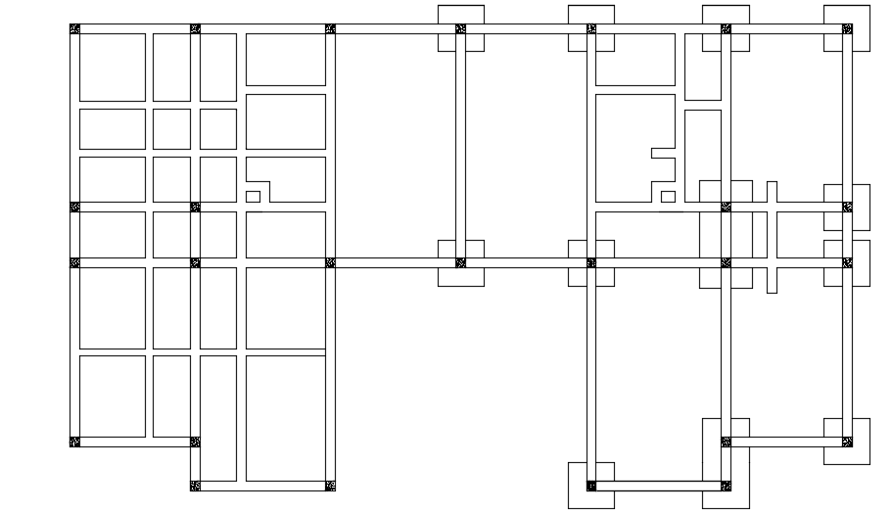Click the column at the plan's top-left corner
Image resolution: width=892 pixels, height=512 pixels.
(74, 28)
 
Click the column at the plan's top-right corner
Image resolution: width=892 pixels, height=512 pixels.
(847, 28)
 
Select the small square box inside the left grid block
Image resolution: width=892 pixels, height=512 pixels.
(253, 197)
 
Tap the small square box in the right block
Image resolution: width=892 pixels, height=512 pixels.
(668, 197)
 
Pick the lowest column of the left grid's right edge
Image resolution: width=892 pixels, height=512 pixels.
(330, 486)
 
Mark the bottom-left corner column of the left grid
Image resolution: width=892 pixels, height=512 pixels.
(74, 442)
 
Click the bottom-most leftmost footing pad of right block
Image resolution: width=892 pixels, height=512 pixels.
(591, 486)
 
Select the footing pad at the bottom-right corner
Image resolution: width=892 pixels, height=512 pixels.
(847, 442)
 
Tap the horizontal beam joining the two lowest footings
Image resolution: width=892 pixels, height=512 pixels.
(658, 486)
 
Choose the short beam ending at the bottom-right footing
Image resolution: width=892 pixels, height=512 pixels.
(786, 442)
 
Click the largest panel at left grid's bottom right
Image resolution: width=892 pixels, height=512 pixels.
(285, 418)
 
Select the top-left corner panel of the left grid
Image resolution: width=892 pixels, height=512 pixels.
(112, 67)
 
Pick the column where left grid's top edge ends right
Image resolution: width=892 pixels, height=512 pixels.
(330, 28)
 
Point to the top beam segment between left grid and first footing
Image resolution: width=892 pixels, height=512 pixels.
(395, 28)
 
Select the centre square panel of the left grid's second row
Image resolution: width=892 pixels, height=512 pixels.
(171, 128)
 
